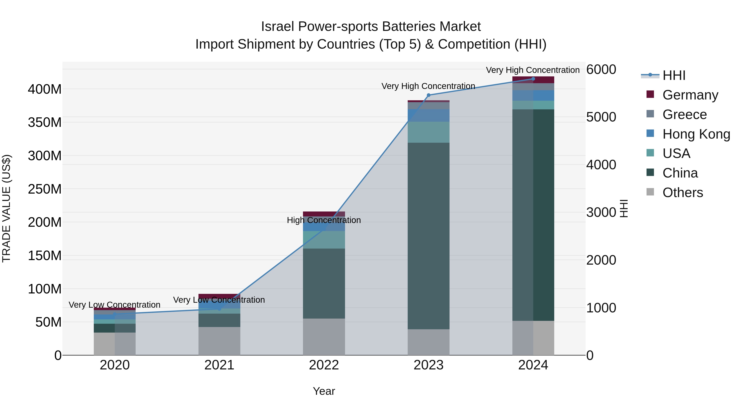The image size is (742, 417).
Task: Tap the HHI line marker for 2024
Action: click(533, 79)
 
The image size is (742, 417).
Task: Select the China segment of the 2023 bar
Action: click(428, 236)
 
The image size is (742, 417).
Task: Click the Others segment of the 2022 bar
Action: click(324, 337)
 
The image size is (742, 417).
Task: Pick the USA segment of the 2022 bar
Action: click(324, 240)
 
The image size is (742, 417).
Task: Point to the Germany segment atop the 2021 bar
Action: click(219, 296)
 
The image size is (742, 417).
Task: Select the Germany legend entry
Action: click(690, 95)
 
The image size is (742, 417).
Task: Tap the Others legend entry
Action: click(682, 193)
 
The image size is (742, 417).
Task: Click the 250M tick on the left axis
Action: click(45, 189)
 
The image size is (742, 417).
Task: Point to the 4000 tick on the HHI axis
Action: click(601, 165)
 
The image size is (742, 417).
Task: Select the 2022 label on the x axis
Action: click(324, 365)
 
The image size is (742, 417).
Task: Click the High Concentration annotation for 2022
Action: click(324, 220)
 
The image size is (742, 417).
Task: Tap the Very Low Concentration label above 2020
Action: click(114, 305)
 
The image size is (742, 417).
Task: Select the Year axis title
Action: click(324, 391)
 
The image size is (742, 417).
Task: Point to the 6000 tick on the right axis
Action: click(601, 70)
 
